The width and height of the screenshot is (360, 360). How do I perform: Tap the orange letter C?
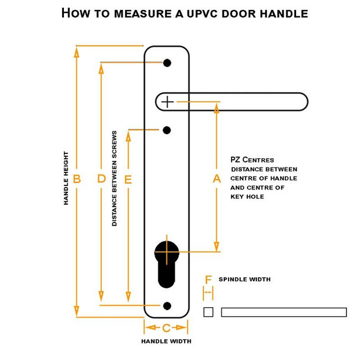(166, 327)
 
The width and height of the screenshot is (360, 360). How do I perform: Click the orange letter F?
(208, 279)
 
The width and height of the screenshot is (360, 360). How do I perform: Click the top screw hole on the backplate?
(167, 63)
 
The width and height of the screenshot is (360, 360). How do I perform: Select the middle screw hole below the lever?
(167, 130)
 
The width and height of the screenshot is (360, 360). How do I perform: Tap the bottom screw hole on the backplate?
(167, 306)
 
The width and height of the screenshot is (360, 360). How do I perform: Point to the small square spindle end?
(208, 312)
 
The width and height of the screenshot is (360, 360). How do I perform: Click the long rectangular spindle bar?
(284, 312)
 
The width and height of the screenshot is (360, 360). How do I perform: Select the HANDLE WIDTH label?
(166, 341)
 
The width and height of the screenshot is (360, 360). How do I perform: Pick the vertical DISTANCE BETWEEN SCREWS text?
(114, 178)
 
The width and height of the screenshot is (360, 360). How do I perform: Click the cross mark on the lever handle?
(168, 102)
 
